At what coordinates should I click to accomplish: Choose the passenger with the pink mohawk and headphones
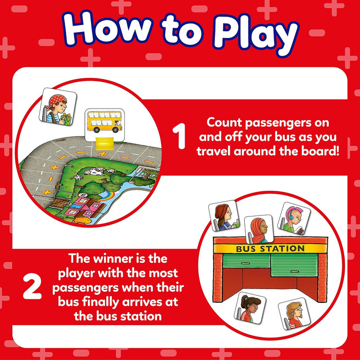294,217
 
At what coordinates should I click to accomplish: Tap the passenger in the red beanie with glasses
223,215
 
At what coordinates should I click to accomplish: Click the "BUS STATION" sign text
270,249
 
